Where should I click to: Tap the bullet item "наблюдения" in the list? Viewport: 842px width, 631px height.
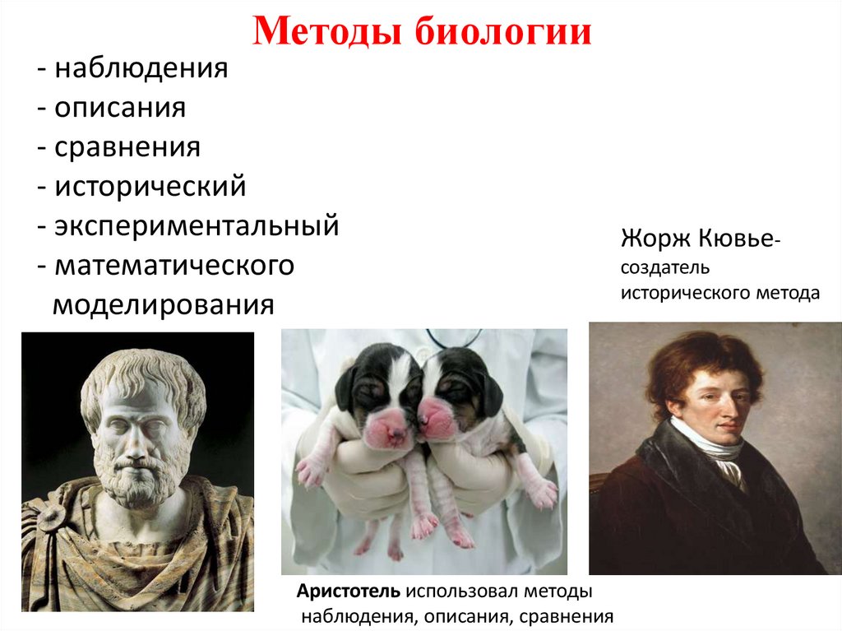(x=141, y=68)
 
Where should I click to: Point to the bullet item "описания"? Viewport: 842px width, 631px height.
(x=120, y=108)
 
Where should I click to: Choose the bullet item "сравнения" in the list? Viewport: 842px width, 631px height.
(x=127, y=147)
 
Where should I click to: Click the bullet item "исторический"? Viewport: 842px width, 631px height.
(x=150, y=186)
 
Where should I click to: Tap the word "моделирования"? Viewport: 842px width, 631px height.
(x=163, y=305)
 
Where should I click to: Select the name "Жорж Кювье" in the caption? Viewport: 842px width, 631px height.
(x=696, y=240)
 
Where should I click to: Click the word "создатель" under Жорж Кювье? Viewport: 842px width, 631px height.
(x=664, y=269)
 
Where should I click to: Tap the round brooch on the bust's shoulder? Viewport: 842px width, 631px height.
(x=53, y=516)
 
